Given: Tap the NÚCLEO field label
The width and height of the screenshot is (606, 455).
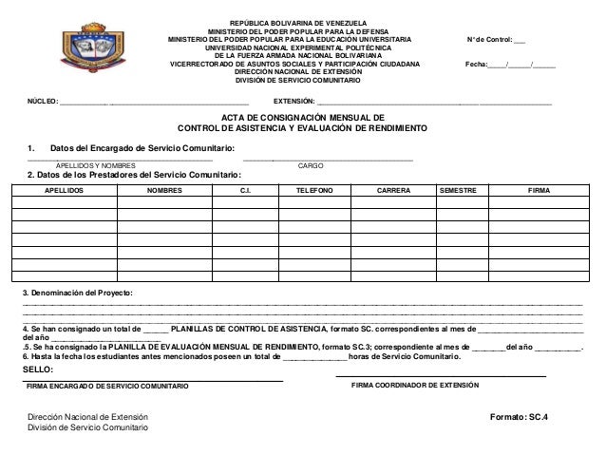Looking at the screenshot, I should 42,99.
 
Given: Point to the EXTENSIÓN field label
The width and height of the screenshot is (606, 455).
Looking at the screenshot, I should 294,99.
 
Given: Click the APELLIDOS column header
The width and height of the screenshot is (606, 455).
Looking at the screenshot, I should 64,191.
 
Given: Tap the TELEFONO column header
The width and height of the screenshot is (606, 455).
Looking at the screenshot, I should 313,191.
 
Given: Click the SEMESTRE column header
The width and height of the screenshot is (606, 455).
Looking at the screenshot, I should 458,191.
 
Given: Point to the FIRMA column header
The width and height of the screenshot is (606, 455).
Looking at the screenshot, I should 539,191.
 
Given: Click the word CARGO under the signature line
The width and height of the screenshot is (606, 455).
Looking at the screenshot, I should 311,166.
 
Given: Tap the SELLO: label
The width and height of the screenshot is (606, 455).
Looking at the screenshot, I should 38,369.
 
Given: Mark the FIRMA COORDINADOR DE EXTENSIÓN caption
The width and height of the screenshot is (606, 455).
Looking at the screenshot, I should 415,387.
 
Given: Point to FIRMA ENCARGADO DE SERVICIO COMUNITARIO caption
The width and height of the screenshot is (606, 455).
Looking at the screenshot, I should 107,388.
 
